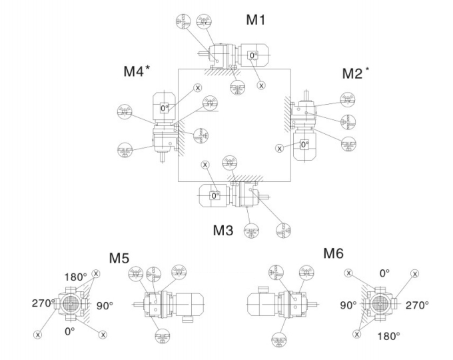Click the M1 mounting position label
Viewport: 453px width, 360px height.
pos(256,20)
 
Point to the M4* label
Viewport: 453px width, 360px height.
pos(136,71)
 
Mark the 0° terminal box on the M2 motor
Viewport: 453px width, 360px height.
pos(304,143)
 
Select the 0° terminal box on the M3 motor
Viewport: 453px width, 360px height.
pos(215,195)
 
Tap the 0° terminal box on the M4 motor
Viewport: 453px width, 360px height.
pos(165,107)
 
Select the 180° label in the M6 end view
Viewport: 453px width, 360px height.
pos(388,333)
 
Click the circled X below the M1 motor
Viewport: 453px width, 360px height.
pos(261,85)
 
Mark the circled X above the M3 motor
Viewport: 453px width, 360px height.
pos(205,163)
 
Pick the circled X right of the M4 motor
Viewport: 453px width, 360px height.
pos(197,87)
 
